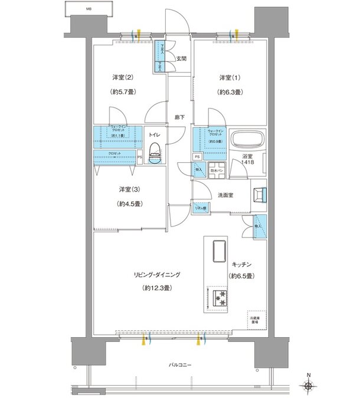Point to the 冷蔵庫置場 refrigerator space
coord(255,321)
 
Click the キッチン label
coord(241,265)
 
